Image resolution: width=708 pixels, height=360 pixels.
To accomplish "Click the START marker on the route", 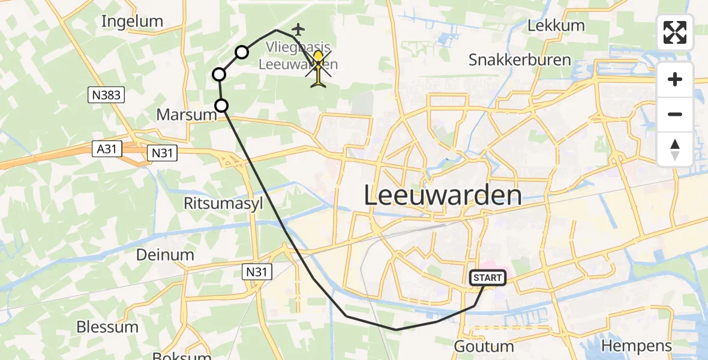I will [488, 278].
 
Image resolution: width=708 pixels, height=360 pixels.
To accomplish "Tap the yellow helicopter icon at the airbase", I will [318, 69].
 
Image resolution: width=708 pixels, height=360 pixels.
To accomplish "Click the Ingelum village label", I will [132, 22].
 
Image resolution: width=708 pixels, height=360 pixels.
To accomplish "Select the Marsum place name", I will [185, 114].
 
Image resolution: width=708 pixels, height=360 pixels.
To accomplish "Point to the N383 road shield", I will [106, 94].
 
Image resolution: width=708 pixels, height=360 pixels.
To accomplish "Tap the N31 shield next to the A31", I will [162, 153].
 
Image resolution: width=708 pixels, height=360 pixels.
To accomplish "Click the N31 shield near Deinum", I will [259, 271].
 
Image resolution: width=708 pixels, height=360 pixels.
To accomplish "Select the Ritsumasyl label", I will [223, 203].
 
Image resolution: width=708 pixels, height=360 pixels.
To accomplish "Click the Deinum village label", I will [165, 254].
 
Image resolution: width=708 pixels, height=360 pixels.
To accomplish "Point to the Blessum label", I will [107, 327].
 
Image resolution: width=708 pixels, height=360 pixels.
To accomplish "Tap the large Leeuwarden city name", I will [443, 196].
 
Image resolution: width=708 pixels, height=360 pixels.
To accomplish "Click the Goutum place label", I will [484, 346].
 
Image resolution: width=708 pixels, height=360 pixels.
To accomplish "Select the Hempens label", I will [636, 346].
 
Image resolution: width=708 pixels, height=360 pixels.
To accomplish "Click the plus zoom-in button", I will [675, 79].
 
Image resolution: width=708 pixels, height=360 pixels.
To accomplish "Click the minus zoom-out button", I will [675, 114].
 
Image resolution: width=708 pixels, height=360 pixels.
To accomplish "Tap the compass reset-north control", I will [675, 149].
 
